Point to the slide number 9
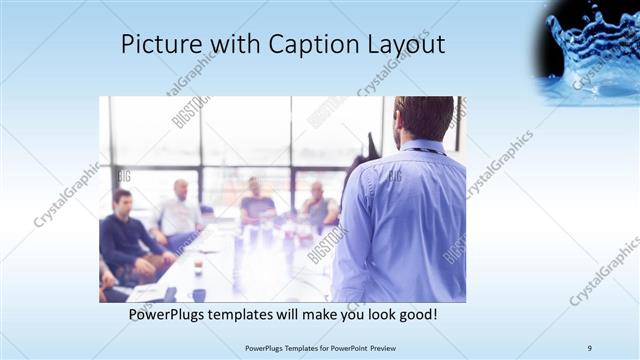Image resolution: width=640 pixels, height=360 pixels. [x=589, y=347]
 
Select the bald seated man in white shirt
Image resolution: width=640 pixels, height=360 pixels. [x=180, y=210]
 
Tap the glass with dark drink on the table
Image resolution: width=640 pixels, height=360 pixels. [x=198, y=265]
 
